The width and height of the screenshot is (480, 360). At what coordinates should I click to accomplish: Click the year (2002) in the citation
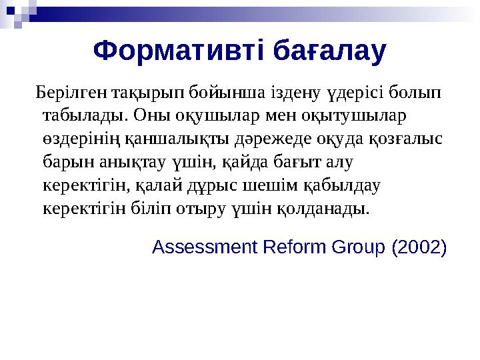[x=419, y=247]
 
